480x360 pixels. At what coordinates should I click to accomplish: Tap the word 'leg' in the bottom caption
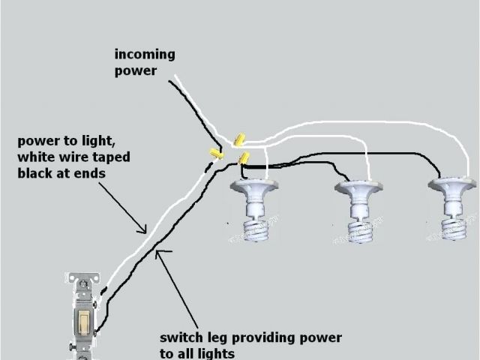[225, 338]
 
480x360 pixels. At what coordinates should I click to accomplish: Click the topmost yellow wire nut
[240, 139]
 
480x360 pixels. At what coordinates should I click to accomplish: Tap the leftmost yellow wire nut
[215, 154]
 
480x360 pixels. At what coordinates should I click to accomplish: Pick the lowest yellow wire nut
[243, 157]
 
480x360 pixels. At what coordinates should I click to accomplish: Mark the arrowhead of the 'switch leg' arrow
[156, 255]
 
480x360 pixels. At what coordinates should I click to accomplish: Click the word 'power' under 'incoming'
[135, 71]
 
